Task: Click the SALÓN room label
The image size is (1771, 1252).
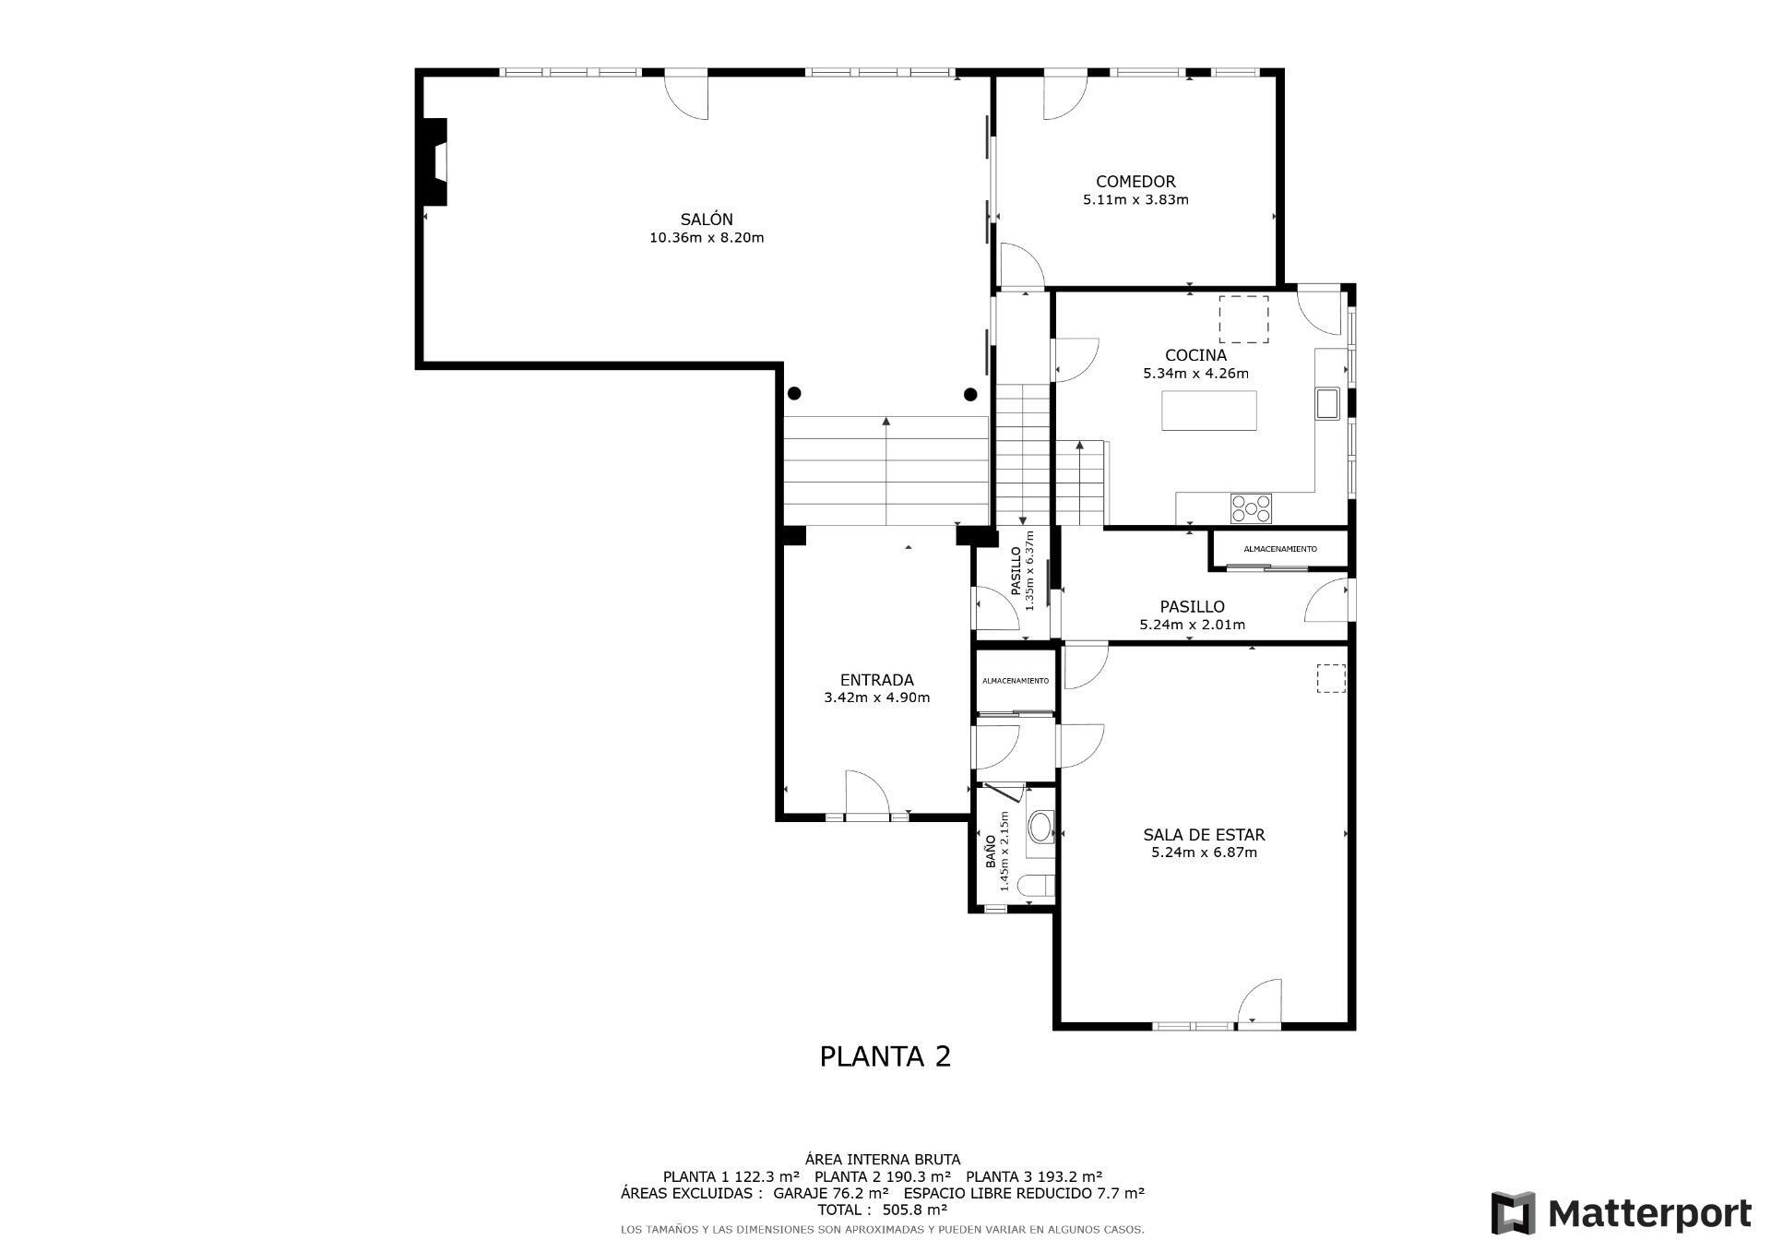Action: [707, 220]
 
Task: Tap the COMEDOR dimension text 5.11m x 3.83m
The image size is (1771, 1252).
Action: [1135, 199]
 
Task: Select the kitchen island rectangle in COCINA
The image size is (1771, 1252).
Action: [1208, 411]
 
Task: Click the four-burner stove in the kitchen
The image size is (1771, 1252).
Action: [1251, 507]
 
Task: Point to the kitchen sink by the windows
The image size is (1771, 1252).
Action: [1327, 404]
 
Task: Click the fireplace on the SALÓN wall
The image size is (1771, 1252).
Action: [434, 162]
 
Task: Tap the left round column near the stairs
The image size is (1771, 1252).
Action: [794, 394]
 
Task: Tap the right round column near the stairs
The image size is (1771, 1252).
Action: [970, 395]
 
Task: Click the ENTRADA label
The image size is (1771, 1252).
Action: [876, 680]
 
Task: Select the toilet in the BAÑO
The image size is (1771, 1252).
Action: [1036, 886]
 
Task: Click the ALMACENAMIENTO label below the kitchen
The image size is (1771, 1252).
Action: [1280, 549]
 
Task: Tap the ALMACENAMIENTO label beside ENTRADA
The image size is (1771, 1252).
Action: [1015, 681]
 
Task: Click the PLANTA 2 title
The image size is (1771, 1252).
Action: [885, 1055]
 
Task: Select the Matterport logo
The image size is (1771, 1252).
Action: [1621, 1213]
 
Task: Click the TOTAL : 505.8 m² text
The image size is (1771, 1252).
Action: [882, 1210]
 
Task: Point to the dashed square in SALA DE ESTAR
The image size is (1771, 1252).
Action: [1330, 678]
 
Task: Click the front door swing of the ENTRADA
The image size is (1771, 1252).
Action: [867, 793]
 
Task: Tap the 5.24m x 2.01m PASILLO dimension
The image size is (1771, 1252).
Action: [1192, 625]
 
